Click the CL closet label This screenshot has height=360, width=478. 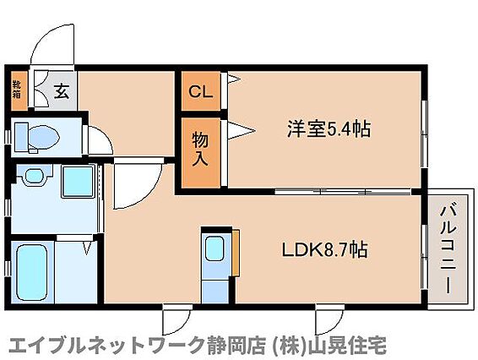(200, 91)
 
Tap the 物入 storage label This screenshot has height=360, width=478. (200, 150)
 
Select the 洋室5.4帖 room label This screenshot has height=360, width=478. (329, 129)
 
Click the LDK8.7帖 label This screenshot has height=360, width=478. (324, 250)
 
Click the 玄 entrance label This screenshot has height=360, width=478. (62, 91)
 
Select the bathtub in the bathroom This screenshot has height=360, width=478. (32, 273)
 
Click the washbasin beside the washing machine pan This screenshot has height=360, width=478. (34, 176)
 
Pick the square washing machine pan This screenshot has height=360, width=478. (78, 182)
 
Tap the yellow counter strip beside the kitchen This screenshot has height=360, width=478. (236, 253)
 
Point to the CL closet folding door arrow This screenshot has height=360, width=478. (234, 79)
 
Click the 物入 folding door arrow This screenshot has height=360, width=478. (241, 131)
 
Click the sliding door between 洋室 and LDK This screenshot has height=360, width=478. (343, 192)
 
